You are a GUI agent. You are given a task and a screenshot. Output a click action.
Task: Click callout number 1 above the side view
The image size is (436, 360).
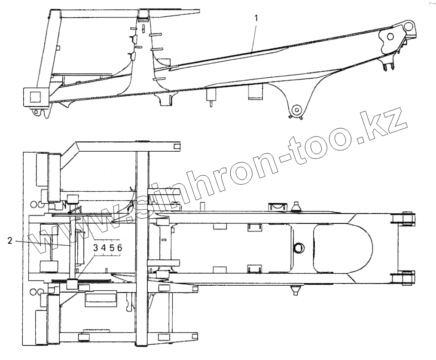click(x=256, y=18)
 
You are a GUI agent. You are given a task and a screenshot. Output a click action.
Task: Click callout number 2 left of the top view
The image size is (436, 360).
click(x=9, y=241)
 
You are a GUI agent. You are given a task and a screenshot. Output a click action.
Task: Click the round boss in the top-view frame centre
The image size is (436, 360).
click(x=299, y=248)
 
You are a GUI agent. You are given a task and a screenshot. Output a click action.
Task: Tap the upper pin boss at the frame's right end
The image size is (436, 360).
click(x=404, y=219)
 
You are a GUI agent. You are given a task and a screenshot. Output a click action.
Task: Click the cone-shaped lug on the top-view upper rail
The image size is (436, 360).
click(x=296, y=206)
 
